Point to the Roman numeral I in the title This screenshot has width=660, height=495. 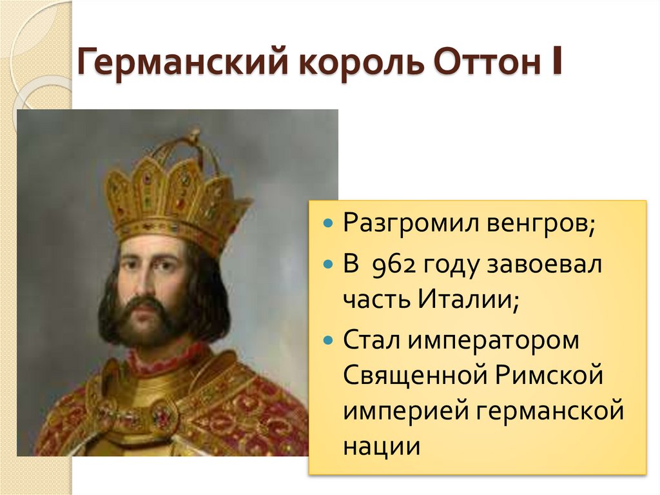tap(554, 66)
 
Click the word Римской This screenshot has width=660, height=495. tap(557, 376)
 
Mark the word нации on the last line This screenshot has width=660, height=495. tap(382, 447)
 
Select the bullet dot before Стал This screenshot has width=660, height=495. tap(329, 340)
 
